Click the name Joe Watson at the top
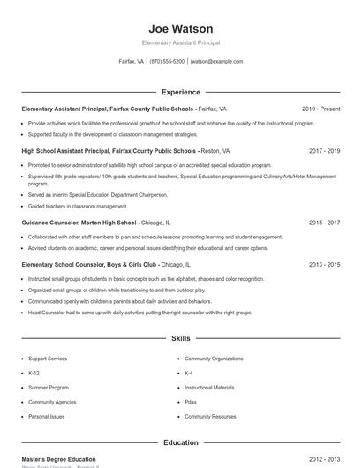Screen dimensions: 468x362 click(181, 28)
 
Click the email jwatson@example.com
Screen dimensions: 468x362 click(216, 62)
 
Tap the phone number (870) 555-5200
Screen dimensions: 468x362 click(167, 62)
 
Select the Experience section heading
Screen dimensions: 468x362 click(181, 92)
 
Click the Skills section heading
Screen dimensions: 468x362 click(181, 338)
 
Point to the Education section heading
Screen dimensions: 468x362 click(181, 442)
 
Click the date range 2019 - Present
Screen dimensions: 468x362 click(321, 109)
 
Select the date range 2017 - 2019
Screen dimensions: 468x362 click(324, 151)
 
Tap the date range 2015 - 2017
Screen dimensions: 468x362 click(324, 223)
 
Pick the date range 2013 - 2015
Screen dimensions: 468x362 click(324, 264)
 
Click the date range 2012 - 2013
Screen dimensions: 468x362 click(324, 459)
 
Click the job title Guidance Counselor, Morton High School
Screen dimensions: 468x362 click(79, 223)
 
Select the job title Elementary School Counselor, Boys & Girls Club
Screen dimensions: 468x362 click(89, 264)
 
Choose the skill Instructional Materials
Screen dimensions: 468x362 click(209, 388)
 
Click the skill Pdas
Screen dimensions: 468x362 click(191, 402)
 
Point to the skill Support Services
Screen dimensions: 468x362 click(48, 359)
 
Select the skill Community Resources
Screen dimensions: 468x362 click(210, 416)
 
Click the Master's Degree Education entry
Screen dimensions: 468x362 click(58, 459)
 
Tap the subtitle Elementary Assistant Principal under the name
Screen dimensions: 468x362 click(181, 42)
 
